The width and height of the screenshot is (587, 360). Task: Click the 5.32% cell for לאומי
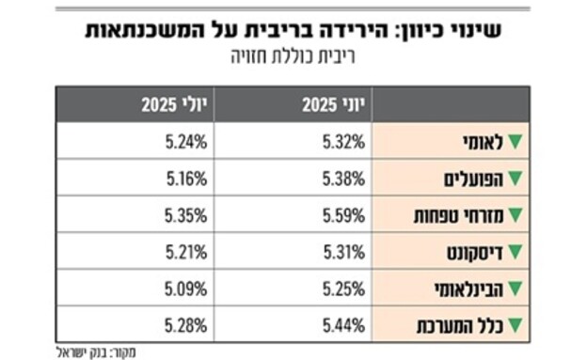(x=344, y=143)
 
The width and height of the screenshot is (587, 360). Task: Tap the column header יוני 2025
(x=329, y=105)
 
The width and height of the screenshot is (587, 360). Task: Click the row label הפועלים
(x=474, y=180)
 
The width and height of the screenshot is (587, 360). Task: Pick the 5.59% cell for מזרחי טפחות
(x=344, y=216)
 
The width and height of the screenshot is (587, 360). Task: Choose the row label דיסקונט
(x=476, y=253)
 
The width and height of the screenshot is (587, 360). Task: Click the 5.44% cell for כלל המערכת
(x=344, y=326)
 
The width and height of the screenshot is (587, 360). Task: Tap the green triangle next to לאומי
(x=515, y=143)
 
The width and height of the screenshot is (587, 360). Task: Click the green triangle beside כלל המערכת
(x=515, y=326)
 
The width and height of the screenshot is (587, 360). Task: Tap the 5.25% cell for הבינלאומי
(x=344, y=290)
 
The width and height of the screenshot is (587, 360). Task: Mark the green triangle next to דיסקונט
(x=515, y=253)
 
